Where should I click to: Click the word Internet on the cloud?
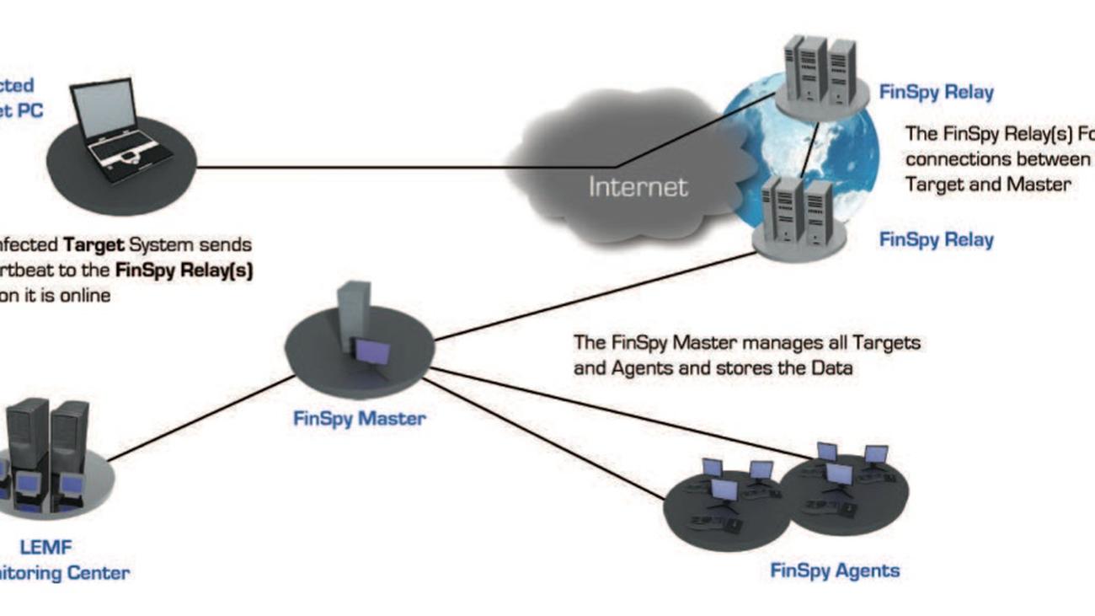(638, 185)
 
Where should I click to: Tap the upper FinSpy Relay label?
(936, 92)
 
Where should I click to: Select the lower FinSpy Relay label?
(936, 239)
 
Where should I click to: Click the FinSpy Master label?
(360, 418)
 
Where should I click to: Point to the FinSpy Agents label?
(835, 570)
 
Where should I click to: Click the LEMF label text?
(58, 549)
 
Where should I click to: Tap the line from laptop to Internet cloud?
(354, 167)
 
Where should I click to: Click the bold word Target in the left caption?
(94, 245)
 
